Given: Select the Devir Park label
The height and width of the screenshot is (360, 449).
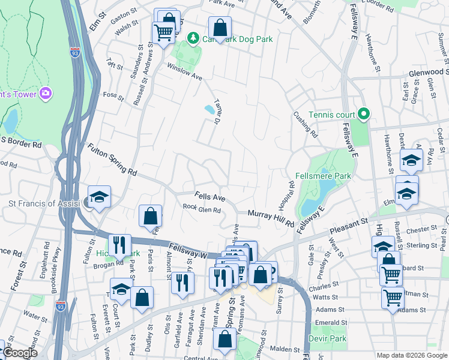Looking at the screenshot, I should (x=328, y=338).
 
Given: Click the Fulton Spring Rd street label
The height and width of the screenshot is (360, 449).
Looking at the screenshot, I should (x=112, y=159).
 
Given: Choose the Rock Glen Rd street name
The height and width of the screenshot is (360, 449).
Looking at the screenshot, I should (x=202, y=209).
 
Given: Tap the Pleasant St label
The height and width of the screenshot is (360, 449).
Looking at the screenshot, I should (x=349, y=226).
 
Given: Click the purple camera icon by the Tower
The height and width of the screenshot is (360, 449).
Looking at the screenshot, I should (x=45, y=93).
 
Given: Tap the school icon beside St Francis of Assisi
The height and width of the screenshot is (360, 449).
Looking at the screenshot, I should (x=99, y=196).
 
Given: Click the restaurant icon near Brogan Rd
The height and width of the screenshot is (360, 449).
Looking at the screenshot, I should (x=119, y=244).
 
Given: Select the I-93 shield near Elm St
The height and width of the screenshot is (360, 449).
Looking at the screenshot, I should (x=74, y=52).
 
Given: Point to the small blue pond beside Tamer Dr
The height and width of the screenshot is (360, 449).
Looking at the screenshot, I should (x=209, y=109).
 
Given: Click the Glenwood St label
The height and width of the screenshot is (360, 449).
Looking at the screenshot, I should (x=424, y=72).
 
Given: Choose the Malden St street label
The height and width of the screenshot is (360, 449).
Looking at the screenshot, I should (x=284, y=349).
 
